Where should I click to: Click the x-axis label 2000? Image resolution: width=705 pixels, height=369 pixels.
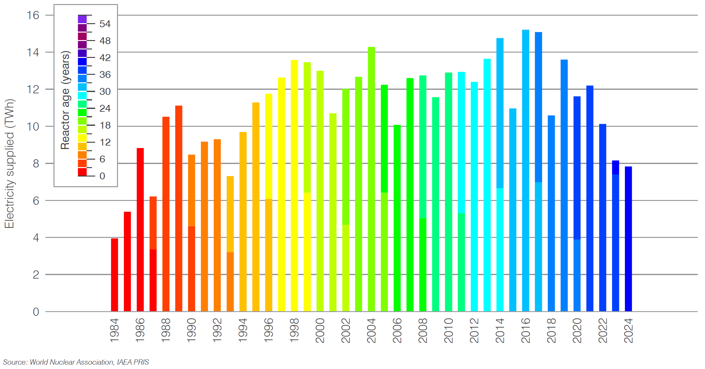click(x=320, y=330)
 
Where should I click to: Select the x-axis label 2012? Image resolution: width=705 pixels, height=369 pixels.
click(x=474, y=330)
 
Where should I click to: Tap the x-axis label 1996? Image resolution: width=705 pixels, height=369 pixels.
click(x=269, y=330)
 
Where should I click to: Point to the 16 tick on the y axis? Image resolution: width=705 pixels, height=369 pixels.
click(x=33, y=15)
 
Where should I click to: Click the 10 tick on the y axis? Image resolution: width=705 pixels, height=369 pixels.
click(x=33, y=126)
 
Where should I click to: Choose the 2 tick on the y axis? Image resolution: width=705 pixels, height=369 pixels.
click(x=36, y=275)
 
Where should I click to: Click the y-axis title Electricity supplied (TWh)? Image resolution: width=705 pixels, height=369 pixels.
click(x=9, y=163)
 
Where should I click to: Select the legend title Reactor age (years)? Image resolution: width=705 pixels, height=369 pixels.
click(x=65, y=100)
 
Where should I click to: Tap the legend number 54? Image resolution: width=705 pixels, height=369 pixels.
click(x=105, y=24)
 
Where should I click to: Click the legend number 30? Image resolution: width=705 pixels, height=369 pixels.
click(x=105, y=91)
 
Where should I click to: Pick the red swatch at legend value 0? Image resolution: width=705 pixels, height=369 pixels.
click(x=82, y=172)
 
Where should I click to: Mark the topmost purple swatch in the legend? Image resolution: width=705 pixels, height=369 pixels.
click(x=82, y=19)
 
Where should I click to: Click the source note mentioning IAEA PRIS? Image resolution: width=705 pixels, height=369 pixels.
click(x=76, y=362)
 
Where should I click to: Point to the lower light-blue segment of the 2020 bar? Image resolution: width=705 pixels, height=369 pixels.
click(x=577, y=275)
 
